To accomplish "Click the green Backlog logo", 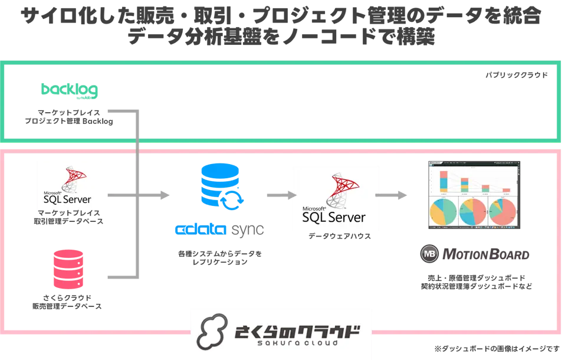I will (x=69, y=90).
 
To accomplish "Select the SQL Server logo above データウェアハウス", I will (x=336, y=198).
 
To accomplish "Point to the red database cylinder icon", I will (x=68, y=269).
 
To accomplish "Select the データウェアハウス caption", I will (x=335, y=236).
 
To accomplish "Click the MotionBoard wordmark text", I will (x=485, y=254).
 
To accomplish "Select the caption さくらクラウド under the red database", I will (x=68, y=296).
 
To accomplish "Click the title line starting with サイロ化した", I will (x=282, y=16).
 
